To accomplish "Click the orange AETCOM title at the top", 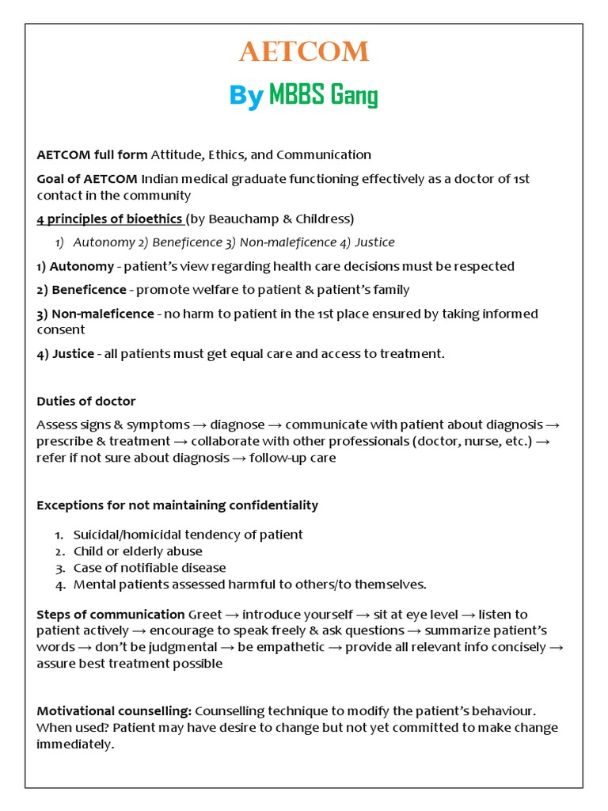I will [304, 53].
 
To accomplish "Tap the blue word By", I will [245, 96].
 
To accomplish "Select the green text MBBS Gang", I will [323, 96].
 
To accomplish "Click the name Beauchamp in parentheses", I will [249, 219].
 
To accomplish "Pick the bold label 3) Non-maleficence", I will [95, 314].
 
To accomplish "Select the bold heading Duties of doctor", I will [85, 402].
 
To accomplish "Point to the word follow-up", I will [276, 458].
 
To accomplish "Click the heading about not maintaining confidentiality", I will [177, 505].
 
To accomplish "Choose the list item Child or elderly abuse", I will [138, 551].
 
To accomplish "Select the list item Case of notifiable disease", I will [150, 568].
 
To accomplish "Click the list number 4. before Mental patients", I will [59, 584].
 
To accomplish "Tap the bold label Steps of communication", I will [110, 615].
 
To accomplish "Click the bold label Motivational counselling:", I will [114, 711].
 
